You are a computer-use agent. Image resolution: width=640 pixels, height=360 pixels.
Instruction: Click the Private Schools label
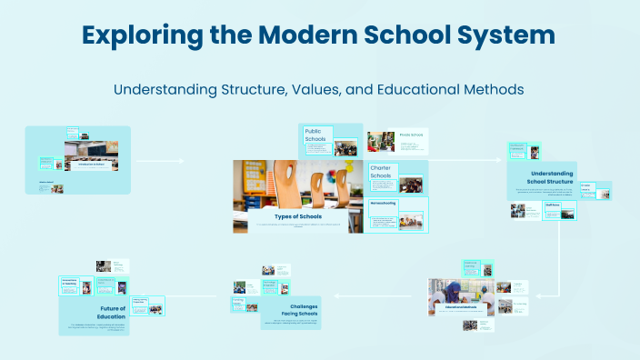pyautogui.click(x=411, y=135)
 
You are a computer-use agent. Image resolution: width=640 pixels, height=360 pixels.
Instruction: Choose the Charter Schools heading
pyautogui.click(x=380, y=172)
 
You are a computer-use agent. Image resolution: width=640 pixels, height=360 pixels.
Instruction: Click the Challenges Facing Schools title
pyautogui.click(x=297, y=311)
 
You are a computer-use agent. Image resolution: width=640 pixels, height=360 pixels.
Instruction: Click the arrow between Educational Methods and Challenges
pyautogui.click(x=381, y=296)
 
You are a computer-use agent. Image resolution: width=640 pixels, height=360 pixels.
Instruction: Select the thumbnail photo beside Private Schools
pyautogui.click(x=379, y=142)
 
